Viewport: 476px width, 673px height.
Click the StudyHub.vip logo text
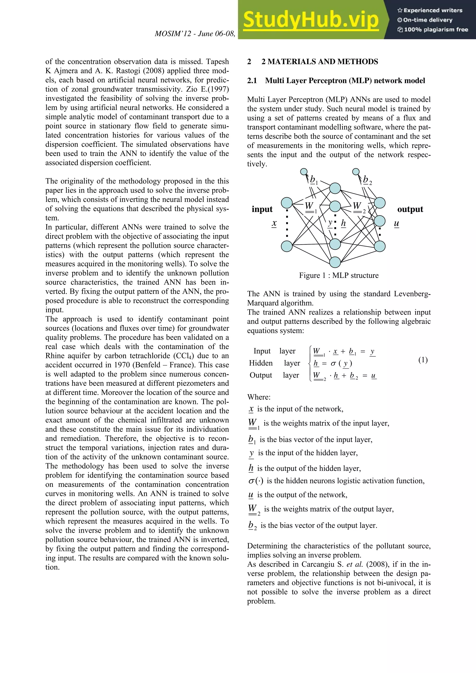tap(311, 20)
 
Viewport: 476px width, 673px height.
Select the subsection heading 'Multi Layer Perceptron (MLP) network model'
tap(345, 81)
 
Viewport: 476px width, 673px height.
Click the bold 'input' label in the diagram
tap(262, 209)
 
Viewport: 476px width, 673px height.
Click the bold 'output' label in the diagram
tap(410, 209)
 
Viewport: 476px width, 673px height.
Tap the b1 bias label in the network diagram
tap(314, 179)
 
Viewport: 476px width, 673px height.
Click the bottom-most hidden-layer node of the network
tap(335, 262)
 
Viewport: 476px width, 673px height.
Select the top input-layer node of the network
tap(287, 203)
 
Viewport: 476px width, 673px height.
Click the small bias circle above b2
tap(356, 171)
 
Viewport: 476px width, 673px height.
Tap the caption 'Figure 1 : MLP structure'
tap(339, 275)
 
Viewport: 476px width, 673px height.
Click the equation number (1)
tap(423, 360)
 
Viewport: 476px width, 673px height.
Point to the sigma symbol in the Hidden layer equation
tap(333, 364)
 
